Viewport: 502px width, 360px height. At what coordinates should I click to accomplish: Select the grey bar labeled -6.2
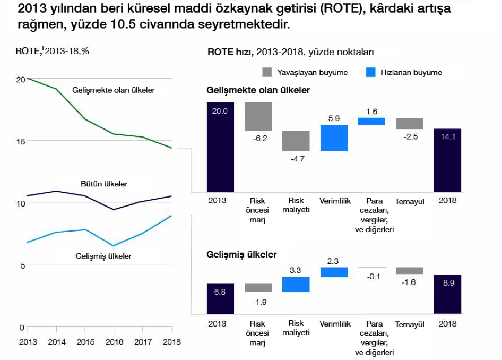pyautogui.click(x=258, y=116)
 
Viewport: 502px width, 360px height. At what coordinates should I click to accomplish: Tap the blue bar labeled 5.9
pyautogui.click(x=334, y=138)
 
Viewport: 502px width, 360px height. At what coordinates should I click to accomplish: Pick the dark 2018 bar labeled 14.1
pyautogui.click(x=447, y=160)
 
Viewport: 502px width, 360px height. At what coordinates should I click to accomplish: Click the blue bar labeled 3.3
pyautogui.click(x=296, y=284)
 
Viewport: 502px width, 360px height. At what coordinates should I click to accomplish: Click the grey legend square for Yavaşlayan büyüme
pyautogui.click(x=267, y=72)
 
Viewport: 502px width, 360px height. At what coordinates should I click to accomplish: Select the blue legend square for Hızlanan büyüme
pyautogui.click(x=370, y=72)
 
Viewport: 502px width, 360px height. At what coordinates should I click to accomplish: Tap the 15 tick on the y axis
pyautogui.click(x=20, y=141)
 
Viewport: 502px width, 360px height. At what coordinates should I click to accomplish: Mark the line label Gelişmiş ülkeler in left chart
pyautogui.click(x=103, y=256)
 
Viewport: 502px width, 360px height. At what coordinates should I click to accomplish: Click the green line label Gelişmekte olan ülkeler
pyautogui.click(x=113, y=90)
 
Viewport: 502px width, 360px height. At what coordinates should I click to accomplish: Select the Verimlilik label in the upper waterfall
pyautogui.click(x=334, y=201)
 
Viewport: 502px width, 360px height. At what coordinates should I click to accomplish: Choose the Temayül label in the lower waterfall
pyautogui.click(x=409, y=324)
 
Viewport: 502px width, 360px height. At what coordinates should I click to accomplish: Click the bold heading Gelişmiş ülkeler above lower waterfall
pyautogui.click(x=241, y=254)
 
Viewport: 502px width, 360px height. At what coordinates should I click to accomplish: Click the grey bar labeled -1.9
pyautogui.click(x=258, y=287)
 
